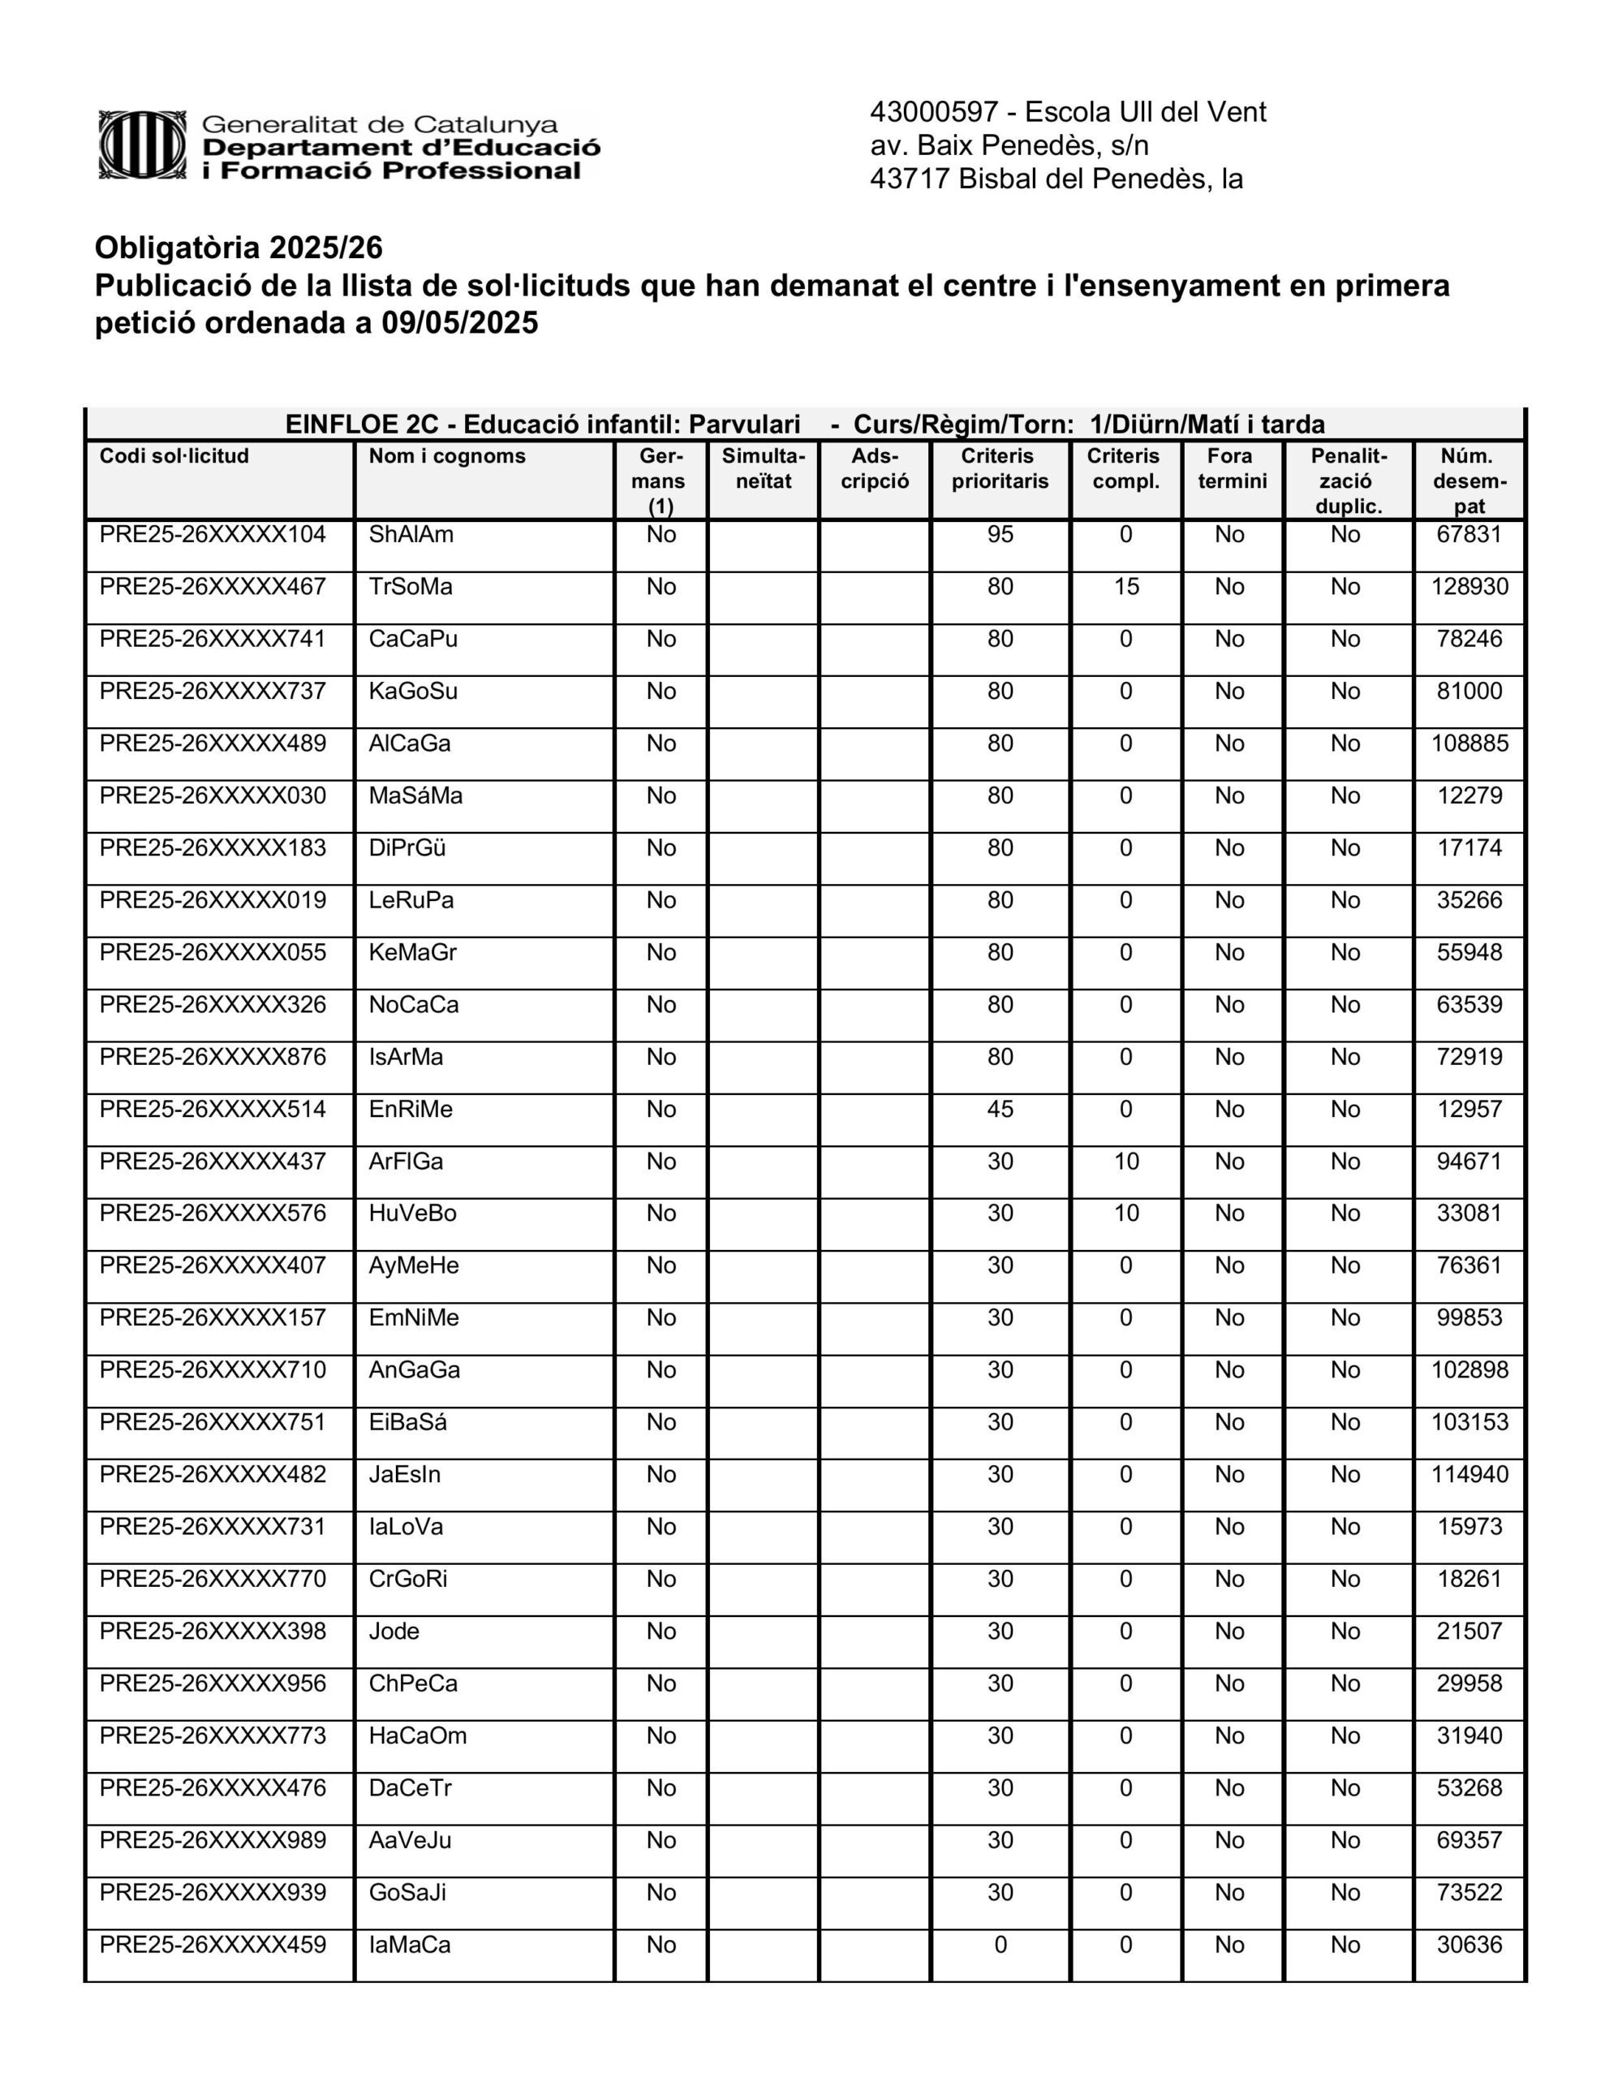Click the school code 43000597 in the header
click(x=933, y=112)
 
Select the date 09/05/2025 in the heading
click(x=459, y=324)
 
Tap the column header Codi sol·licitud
click(x=174, y=457)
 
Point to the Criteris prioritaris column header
click(x=999, y=469)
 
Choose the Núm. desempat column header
click(x=1469, y=481)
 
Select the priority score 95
click(x=1000, y=535)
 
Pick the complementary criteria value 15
click(x=1125, y=587)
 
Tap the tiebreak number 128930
click(x=1469, y=587)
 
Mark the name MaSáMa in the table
click(x=415, y=795)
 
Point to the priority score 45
click(x=1000, y=1110)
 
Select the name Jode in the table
click(x=394, y=1631)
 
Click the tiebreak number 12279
click(x=1469, y=795)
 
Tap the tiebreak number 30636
click(x=1469, y=1945)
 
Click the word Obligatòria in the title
click(x=177, y=248)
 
